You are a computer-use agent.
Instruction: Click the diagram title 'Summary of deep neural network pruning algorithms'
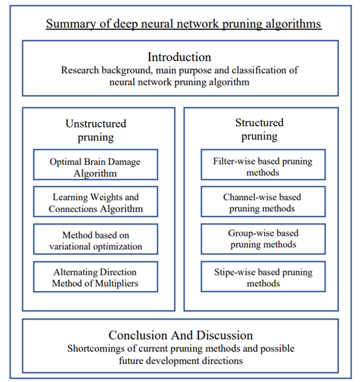tap(184, 24)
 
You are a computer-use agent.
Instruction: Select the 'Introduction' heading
tap(180, 57)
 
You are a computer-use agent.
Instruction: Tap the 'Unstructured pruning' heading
tap(96, 130)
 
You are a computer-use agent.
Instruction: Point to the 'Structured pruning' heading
tap(259, 129)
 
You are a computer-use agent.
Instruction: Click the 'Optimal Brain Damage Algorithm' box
tap(96, 165)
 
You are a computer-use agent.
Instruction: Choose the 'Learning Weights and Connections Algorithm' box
tap(96, 202)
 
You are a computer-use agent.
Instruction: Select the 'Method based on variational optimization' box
tap(96, 239)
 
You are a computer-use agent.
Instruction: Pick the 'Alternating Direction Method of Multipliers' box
tap(96, 277)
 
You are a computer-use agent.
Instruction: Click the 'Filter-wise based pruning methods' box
tap(263, 165)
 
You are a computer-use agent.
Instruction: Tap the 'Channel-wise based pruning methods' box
tap(263, 202)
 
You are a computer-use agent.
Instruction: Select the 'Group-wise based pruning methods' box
tap(263, 239)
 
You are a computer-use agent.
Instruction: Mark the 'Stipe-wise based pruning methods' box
tap(263, 277)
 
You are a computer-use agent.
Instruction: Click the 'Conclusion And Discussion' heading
tap(180, 336)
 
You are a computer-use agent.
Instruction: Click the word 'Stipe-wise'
tap(234, 272)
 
